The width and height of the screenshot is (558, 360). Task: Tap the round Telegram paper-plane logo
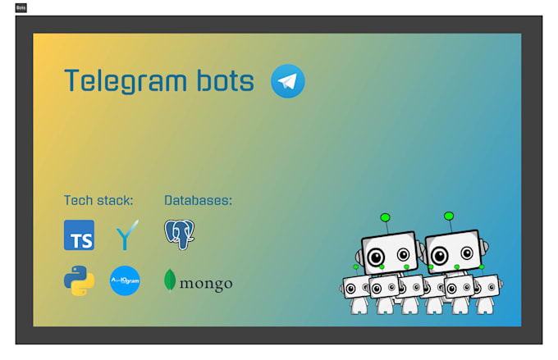coord(287,81)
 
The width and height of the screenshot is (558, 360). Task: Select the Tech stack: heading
coord(98,200)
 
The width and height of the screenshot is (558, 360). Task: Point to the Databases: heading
coord(198,200)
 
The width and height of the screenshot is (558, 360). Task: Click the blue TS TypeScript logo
coord(79,235)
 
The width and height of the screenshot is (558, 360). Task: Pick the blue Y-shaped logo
coord(126,235)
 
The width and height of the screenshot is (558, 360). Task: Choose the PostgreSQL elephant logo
coord(179,235)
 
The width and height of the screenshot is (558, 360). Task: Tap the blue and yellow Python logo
coord(79,280)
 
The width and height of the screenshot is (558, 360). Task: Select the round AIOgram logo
coord(125,280)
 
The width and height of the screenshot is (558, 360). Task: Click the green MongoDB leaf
coord(170,280)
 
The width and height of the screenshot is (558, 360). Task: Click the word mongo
coord(206,284)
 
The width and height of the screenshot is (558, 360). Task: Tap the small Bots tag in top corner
coord(21,7)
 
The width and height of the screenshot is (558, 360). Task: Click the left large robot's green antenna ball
coord(385,218)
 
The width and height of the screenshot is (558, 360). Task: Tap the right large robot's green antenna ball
coord(449,216)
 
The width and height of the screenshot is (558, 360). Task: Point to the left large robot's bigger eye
coord(376,257)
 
